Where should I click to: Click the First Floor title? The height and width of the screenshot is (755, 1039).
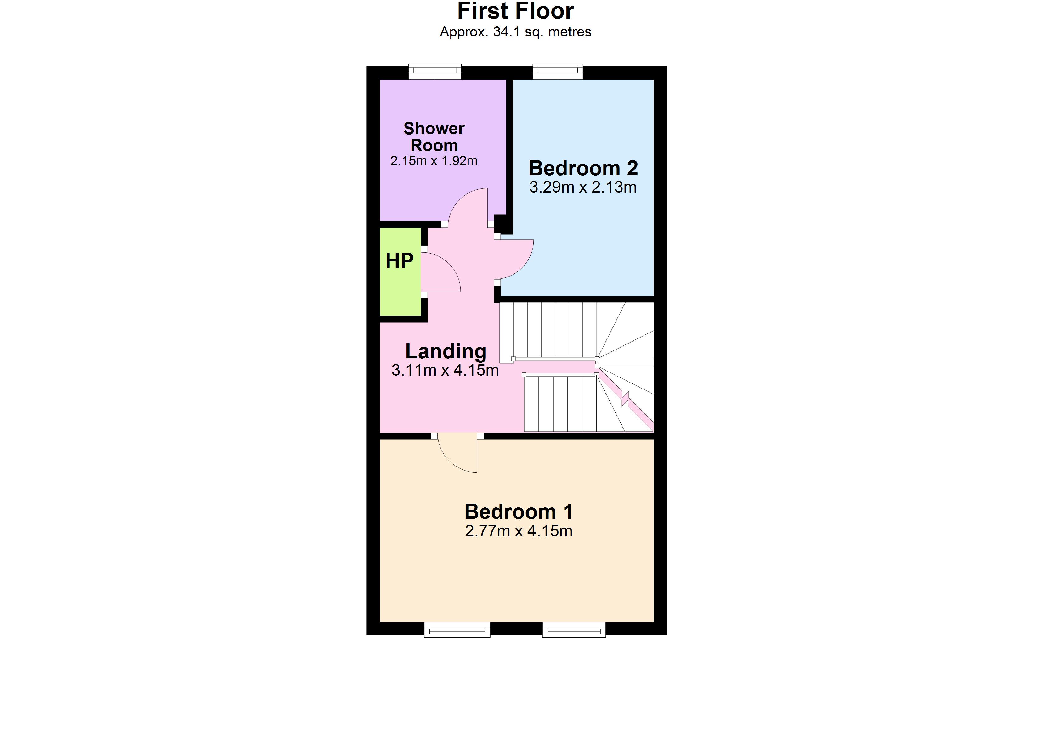pos(515,11)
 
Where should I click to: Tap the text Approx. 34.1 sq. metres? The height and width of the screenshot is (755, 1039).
pos(515,32)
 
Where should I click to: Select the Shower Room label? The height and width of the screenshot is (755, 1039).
pos(434,137)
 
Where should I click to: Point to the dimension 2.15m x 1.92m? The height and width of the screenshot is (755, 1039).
pos(434,161)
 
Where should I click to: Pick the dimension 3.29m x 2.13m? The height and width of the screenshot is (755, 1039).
pos(583,187)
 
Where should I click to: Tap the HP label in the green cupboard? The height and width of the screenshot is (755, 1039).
pos(400,261)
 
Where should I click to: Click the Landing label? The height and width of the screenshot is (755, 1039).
pos(446,352)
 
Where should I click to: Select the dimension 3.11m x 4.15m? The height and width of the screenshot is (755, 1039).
pos(445,370)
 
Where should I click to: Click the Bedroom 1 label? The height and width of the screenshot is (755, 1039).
pos(519,512)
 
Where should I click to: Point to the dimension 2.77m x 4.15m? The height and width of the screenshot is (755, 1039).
pos(519,531)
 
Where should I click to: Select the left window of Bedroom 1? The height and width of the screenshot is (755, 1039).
pos(457,629)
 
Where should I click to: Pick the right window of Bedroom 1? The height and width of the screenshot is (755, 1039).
pos(574,629)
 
